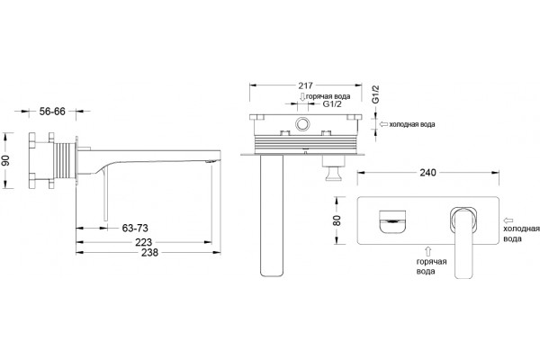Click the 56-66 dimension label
click(x=52, y=112)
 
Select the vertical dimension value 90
click(x=6, y=160)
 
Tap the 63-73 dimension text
click(x=135, y=228)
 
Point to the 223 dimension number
click(x=144, y=242)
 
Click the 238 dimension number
click(x=149, y=253)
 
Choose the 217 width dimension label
click(x=305, y=85)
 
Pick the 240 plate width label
click(x=427, y=172)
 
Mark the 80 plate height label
click(x=337, y=220)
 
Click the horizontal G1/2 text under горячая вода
click(x=332, y=104)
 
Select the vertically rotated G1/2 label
click(x=375, y=94)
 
